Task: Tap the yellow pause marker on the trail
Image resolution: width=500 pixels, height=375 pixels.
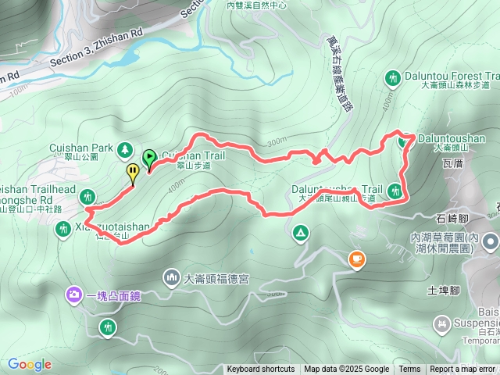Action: [x=133, y=172]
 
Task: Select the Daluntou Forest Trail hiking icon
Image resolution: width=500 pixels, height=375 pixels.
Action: [x=392, y=77]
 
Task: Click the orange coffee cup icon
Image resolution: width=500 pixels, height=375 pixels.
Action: [x=356, y=259]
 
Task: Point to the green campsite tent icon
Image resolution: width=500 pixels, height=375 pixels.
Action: [x=300, y=233]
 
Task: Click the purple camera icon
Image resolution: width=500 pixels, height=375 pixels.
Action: [x=73, y=295]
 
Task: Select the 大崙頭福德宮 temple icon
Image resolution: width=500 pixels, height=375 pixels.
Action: [x=172, y=277]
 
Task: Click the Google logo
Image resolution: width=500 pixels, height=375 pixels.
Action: [x=30, y=364]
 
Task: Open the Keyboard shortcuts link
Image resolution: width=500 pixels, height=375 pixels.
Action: [x=261, y=370]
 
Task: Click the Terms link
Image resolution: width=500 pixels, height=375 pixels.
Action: [x=409, y=370]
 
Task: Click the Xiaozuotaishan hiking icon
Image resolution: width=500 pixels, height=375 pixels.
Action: [x=63, y=229]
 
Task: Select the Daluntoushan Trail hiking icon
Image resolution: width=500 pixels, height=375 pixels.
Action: [x=396, y=190]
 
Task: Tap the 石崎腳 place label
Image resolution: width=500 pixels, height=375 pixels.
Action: [x=452, y=220]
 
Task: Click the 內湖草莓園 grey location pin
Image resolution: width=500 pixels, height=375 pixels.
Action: [x=490, y=241]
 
